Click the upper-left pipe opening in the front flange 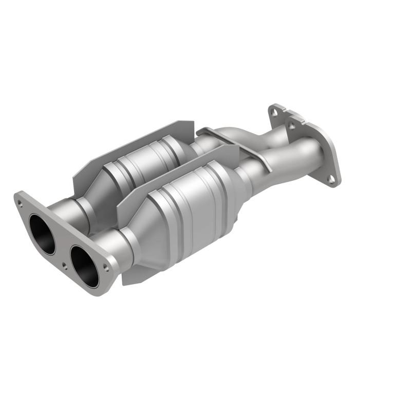pos(42,234)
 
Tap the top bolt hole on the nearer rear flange pos(292,125)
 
